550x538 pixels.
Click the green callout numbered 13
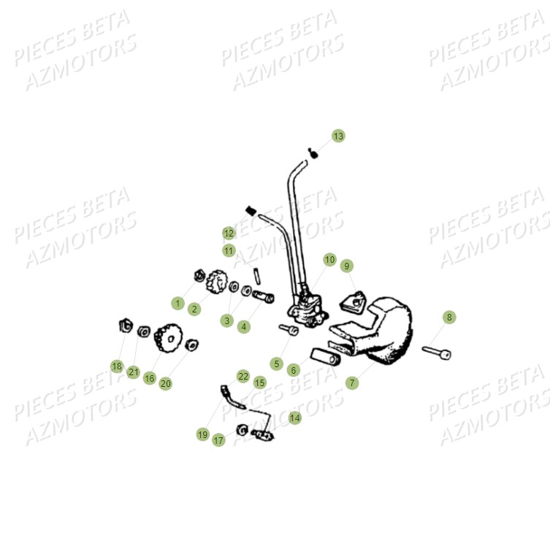[337, 136]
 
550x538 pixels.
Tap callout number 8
[449, 317]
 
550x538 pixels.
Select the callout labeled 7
[353, 383]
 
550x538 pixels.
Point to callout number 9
[346, 266]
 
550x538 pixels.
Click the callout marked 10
[329, 259]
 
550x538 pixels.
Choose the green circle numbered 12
[229, 233]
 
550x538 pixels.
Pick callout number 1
[177, 302]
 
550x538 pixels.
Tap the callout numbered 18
[117, 366]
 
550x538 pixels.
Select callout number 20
[166, 383]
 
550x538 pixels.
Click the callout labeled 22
[243, 376]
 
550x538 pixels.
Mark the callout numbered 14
[294, 418]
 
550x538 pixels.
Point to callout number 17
[218, 440]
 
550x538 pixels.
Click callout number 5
[275, 363]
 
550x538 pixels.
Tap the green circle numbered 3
[227, 320]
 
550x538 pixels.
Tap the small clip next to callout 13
[313, 152]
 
